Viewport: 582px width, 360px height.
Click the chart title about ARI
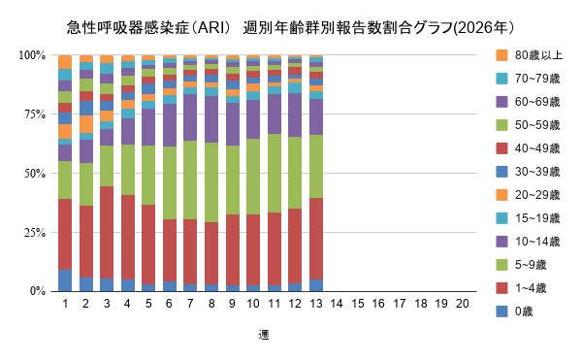(290, 26)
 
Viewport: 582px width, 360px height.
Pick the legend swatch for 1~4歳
(501, 288)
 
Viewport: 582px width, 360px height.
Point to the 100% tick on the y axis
(32, 55)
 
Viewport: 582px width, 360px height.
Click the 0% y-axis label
(38, 291)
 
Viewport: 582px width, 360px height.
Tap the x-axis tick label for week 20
(463, 304)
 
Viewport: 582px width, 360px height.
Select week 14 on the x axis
(337, 304)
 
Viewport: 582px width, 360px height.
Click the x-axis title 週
(264, 335)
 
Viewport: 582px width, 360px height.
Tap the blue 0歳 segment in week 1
(65, 280)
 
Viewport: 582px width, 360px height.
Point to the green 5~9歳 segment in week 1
(65, 180)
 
